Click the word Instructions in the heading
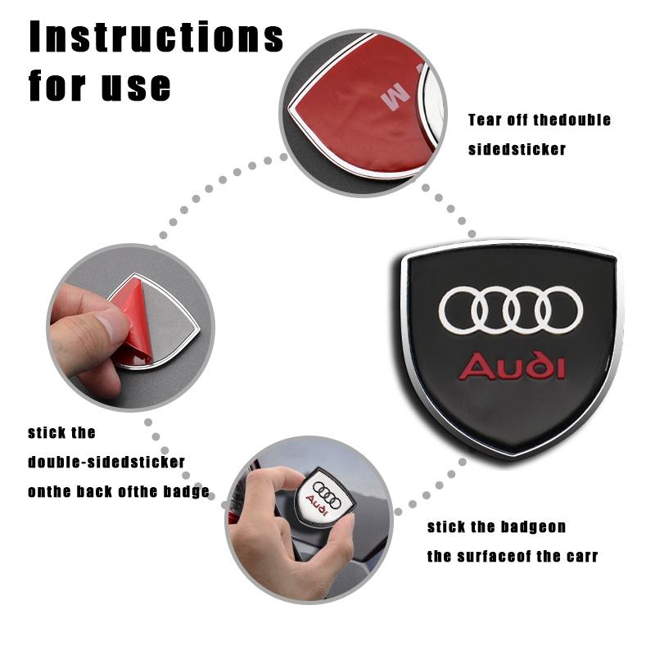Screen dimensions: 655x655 click(x=156, y=38)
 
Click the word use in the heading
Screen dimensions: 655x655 click(x=137, y=85)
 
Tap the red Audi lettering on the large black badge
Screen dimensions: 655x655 click(x=512, y=365)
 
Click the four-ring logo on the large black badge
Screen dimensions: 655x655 click(x=511, y=310)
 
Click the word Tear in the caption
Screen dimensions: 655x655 click(x=482, y=120)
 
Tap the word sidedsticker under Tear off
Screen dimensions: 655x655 click(x=517, y=150)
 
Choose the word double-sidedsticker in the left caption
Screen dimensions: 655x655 click(x=106, y=462)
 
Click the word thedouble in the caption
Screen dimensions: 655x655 click(x=572, y=120)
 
